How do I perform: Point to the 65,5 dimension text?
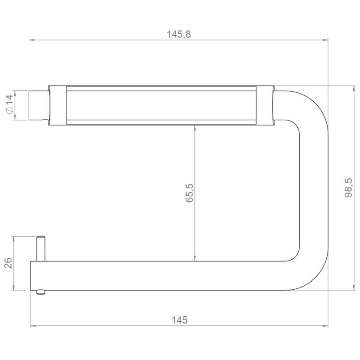coord(189,193)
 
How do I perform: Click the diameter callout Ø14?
coord(9,106)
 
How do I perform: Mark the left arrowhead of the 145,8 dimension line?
coord(32,40)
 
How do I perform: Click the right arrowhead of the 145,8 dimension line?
coord(325,40)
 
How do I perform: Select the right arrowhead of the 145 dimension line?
coord(325,326)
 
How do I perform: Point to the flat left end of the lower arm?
coord(31,275)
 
